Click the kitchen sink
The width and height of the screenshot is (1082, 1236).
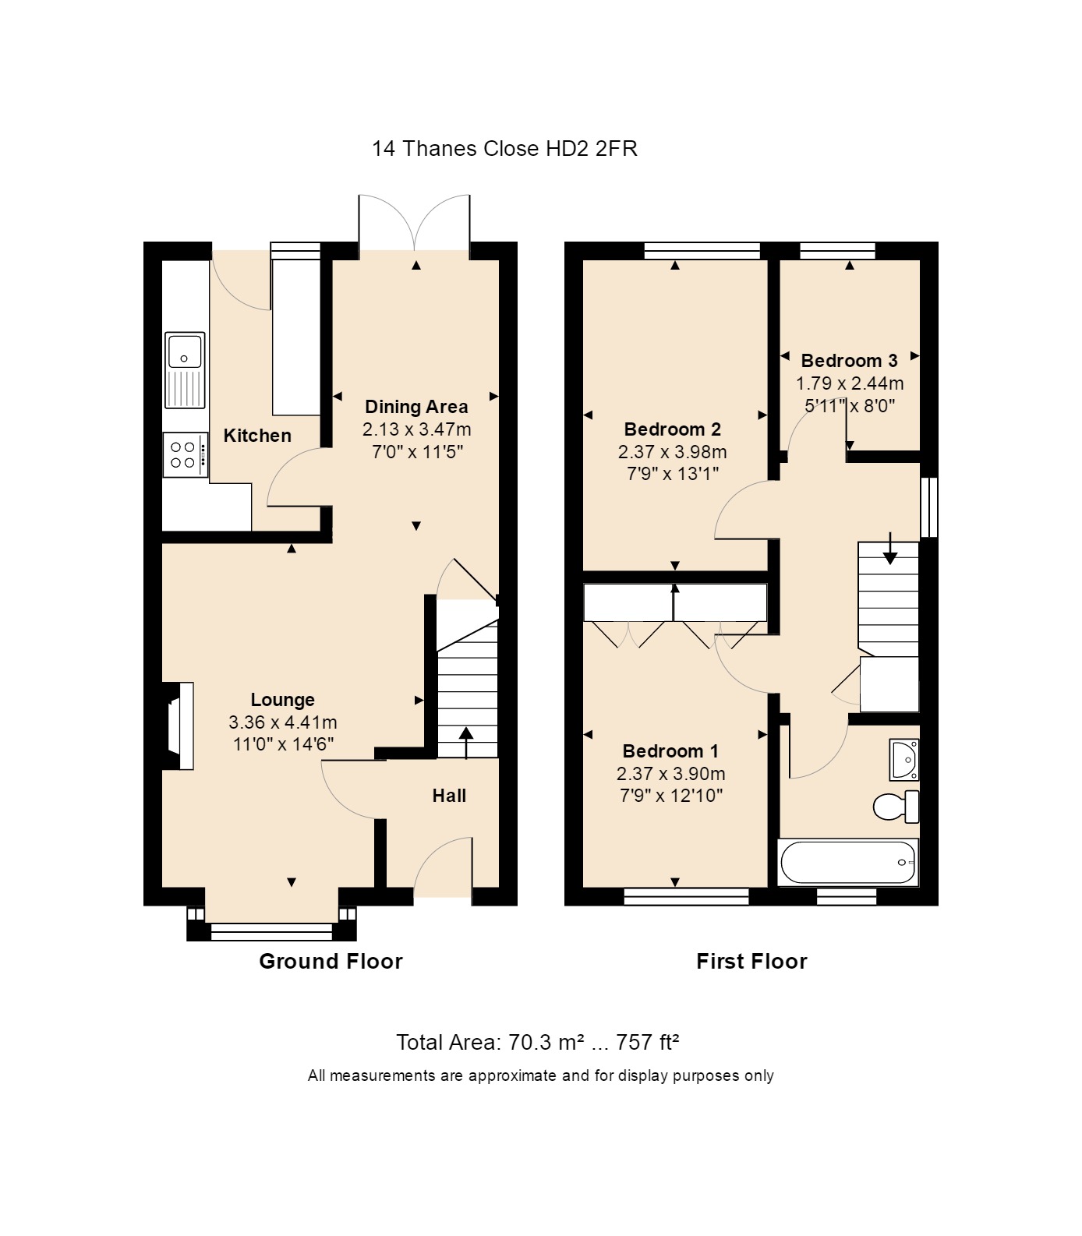pos(185,370)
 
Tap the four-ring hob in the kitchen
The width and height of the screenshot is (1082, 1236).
pos(186,454)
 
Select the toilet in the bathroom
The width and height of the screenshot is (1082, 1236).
pos(897,807)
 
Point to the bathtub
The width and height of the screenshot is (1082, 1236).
pos(848,863)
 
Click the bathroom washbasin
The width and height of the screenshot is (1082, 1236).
pos(904,760)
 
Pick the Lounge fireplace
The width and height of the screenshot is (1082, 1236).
pos(178,726)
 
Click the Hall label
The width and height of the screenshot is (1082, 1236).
pos(449,796)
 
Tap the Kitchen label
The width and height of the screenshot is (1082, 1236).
pos(257,436)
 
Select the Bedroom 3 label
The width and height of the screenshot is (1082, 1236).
pos(849,361)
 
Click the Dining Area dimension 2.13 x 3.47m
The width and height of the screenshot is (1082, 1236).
pos(416,429)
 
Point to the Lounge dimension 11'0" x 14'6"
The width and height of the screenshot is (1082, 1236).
pos(283,744)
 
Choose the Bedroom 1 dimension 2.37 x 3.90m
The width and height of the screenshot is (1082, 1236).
pos(670,774)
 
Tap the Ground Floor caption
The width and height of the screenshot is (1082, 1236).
pos(331,961)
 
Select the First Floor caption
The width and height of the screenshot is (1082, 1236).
pos(751,961)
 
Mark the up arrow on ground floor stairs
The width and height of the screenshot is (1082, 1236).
pos(466,743)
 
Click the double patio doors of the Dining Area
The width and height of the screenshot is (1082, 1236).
pos(415,222)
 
